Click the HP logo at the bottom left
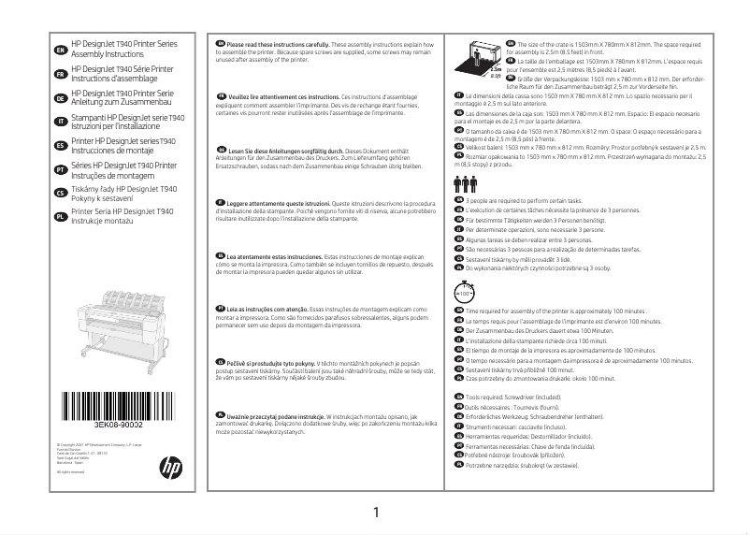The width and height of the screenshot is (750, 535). coord(171,464)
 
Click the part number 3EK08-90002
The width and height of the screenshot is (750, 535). coord(118,425)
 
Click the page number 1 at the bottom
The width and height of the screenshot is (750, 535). coord(375,513)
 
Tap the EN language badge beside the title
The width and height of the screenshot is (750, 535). coord(61,50)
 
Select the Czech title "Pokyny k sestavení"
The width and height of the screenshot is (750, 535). coord(104,198)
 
